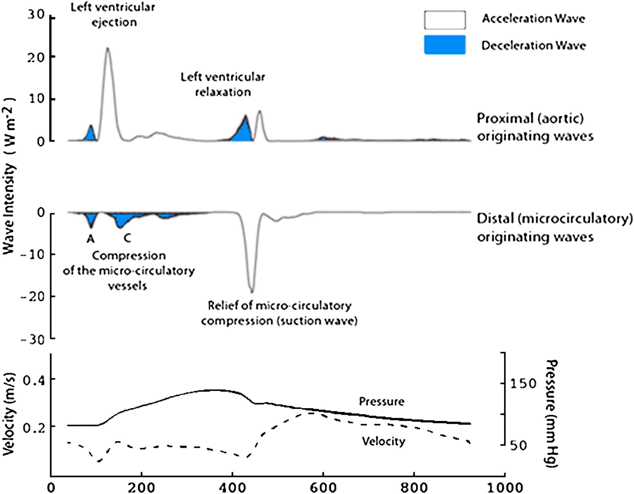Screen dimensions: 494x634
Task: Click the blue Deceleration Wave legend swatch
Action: click(x=445, y=45)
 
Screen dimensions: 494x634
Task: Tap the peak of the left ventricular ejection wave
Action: click(x=107, y=48)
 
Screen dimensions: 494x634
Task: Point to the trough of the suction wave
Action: click(x=252, y=292)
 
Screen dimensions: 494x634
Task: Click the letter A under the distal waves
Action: click(x=91, y=239)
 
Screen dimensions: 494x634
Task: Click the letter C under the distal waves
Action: click(x=127, y=238)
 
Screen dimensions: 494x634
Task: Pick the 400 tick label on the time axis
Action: click(x=232, y=487)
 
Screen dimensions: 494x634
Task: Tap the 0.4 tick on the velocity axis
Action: click(x=34, y=381)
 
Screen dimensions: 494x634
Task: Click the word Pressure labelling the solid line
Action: click(x=381, y=402)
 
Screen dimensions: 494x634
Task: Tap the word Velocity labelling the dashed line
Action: click(x=383, y=442)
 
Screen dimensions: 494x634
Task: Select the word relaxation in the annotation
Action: click(x=223, y=92)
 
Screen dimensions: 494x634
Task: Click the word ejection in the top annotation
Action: click(x=114, y=22)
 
